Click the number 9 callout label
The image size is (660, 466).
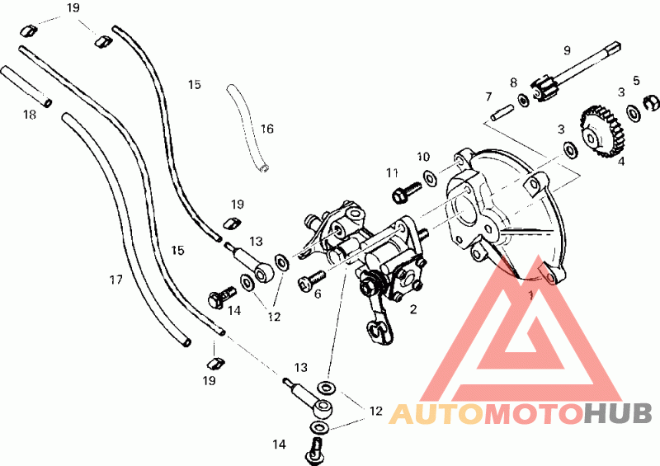click(566, 50)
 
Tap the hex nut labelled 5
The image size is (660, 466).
click(650, 105)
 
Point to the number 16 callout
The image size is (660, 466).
click(267, 129)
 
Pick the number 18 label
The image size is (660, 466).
click(30, 115)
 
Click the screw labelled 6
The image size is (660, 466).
click(311, 282)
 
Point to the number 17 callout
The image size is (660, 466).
click(115, 280)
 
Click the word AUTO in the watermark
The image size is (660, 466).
click(436, 413)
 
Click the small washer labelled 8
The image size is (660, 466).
click(524, 102)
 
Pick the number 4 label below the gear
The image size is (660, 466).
click(621, 162)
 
